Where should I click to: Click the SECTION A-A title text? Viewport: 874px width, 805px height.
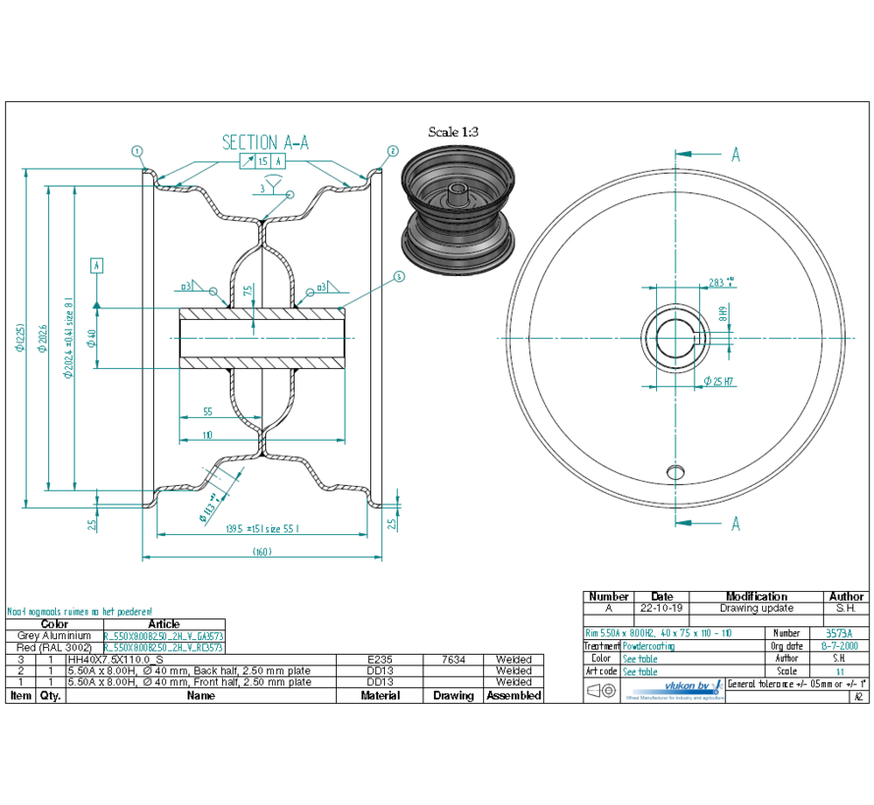[x=265, y=142]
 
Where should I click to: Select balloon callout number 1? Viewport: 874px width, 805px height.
[x=137, y=151]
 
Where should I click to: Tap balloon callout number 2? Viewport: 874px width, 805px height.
[x=392, y=151]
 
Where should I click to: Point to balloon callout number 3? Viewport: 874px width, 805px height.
[x=399, y=277]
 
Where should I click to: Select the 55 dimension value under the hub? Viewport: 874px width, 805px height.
[x=207, y=413]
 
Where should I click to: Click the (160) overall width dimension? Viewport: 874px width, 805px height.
[x=263, y=552]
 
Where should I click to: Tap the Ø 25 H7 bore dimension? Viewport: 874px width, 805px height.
[x=719, y=381]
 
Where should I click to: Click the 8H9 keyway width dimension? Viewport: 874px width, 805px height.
[x=722, y=315]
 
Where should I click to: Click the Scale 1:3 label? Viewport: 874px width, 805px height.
[x=454, y=132]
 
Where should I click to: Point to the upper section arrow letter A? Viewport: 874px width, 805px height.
[x=735, y=154]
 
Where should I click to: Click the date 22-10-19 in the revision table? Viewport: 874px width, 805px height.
[x=662, y=608]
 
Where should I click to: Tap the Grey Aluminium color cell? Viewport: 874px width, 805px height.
[x=54, y=636]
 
